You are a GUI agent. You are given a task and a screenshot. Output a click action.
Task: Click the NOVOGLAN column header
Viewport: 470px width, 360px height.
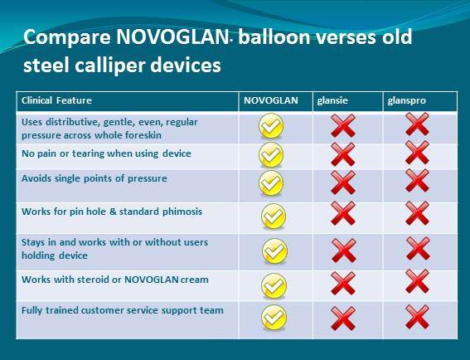271,100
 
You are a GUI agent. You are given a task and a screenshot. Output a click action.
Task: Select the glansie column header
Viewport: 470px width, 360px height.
332,100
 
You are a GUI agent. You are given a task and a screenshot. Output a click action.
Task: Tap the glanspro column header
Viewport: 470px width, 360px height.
406,100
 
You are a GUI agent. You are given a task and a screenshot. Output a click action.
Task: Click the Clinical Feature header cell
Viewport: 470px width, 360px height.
56,100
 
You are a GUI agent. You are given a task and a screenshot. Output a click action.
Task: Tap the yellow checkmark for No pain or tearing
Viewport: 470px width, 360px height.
271,155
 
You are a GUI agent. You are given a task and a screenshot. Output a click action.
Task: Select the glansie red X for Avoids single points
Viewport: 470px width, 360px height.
343,182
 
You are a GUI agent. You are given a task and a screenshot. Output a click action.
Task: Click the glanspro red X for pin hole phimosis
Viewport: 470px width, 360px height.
417,213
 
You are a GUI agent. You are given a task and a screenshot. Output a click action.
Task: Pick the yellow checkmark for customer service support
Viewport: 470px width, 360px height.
274,318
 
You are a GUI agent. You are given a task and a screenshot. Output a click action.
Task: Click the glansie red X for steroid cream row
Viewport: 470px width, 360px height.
343,284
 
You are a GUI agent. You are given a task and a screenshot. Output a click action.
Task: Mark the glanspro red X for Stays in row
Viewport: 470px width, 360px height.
418,248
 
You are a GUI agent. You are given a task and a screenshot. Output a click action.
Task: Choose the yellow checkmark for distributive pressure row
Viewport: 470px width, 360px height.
271,126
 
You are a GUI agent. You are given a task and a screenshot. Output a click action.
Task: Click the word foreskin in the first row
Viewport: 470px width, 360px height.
143,135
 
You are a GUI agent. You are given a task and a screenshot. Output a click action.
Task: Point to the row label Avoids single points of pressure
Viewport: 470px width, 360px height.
94,178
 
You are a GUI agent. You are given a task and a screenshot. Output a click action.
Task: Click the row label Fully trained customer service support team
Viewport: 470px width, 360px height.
123,310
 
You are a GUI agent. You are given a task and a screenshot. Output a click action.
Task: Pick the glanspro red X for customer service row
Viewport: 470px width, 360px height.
417,317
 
